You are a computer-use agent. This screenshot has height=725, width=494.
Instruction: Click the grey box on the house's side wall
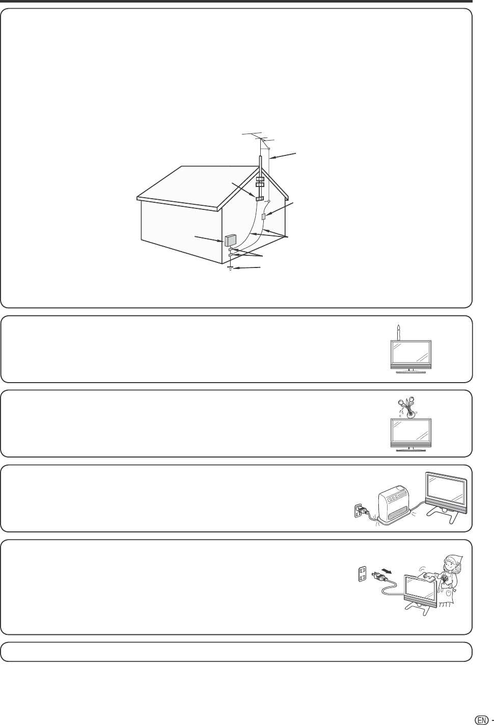pyautogui.click(x=230, y=240)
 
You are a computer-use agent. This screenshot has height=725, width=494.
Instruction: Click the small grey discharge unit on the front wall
pyautogui.click(x=264, y=217)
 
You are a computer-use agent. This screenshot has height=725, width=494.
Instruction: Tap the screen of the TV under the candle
pyautogui.click(x=410, y=352)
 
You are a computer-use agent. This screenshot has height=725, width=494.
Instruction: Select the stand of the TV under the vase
pyautogui.click(x=410, y=448)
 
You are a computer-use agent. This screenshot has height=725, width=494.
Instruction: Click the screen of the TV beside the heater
pyautogui.click(x=446, y=490)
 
